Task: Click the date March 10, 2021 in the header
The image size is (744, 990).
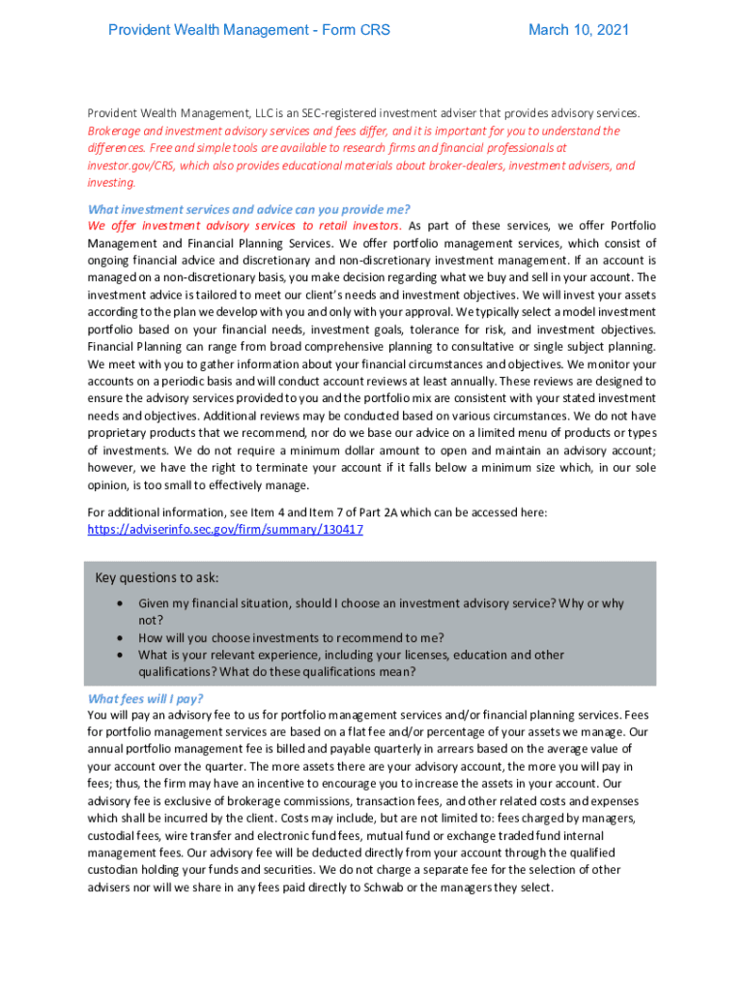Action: point(578,30)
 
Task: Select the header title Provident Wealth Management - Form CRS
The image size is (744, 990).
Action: point(249,30)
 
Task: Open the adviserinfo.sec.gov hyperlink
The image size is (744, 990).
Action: point(225,530)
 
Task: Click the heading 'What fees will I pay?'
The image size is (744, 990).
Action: point(146,699)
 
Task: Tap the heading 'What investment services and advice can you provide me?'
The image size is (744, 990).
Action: point(249,209)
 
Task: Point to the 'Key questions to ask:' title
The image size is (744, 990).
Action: point(157,578)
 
